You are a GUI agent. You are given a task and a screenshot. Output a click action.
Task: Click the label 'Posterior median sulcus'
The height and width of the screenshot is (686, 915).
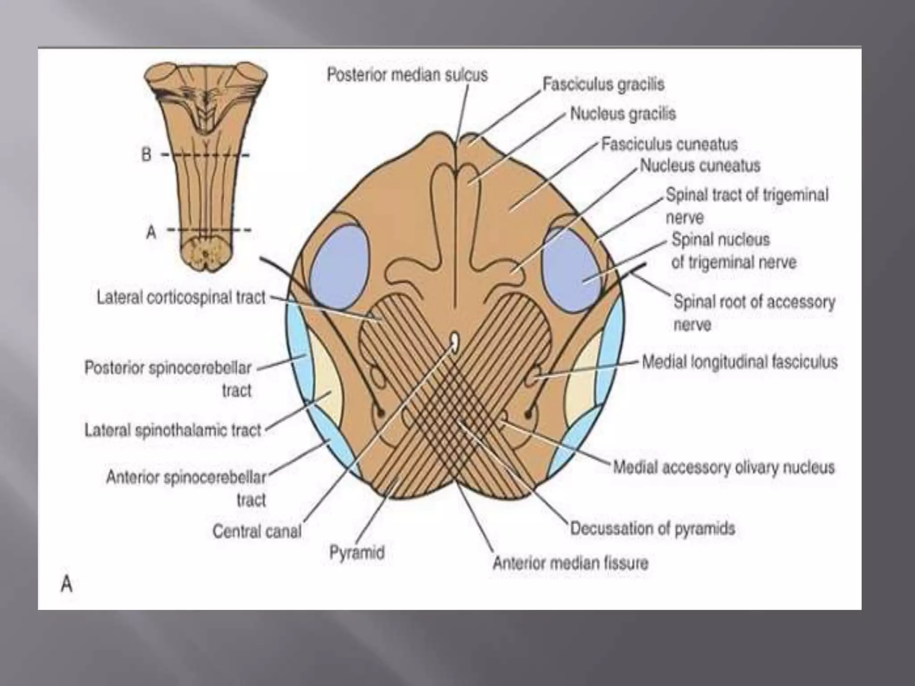point(407,75)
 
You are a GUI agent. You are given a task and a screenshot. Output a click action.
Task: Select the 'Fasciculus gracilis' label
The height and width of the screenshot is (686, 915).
point(603,84)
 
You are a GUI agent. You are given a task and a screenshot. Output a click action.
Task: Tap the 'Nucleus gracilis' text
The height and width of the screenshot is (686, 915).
point(623,114)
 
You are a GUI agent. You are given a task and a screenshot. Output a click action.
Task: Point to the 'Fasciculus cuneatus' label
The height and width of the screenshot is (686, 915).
point(669,144)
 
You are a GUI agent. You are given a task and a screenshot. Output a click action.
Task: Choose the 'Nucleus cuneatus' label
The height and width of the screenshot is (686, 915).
point(700,166)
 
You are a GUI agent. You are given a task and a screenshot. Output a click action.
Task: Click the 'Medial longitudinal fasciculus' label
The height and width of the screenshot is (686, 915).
point(739,362)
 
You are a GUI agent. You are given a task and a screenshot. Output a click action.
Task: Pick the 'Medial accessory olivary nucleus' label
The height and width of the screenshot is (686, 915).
point(723,467)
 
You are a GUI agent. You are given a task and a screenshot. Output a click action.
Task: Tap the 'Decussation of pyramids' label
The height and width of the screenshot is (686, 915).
point(652,528)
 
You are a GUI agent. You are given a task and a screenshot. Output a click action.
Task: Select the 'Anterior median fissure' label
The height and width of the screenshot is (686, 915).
point(570,563)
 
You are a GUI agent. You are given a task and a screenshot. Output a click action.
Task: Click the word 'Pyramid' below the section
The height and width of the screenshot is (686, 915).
point(357,552)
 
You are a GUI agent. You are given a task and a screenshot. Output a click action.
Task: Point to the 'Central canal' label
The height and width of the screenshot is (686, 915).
point(257,531)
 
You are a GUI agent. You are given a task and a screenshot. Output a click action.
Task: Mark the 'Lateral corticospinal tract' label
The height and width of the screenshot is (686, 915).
point(181,297)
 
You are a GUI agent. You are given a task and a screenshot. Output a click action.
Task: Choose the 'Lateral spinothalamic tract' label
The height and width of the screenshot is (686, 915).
point(172,431)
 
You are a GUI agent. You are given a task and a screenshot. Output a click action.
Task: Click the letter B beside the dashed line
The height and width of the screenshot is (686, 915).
point(147,155)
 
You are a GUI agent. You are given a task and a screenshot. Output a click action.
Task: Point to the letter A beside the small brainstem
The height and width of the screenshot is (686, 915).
point(151,232)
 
